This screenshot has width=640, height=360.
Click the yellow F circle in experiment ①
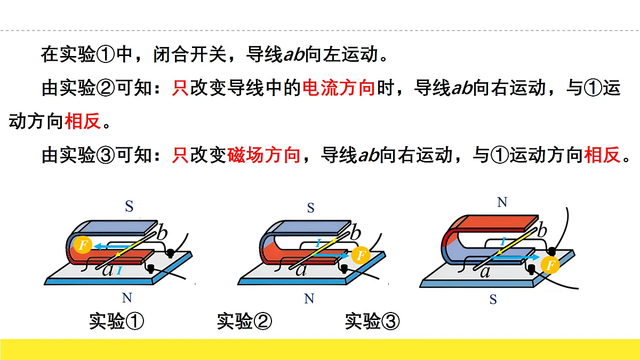83,245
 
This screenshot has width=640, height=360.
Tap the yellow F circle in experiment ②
361,255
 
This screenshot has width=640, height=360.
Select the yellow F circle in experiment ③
550,265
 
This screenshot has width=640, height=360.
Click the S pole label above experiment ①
129,206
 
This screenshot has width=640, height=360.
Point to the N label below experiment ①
127,298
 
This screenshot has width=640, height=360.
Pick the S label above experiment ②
311,207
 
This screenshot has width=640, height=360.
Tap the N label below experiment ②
309,299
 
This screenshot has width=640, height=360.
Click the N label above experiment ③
502,202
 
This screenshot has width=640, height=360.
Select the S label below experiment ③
493,299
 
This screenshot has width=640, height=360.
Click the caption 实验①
117,321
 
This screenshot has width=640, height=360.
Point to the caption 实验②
244,321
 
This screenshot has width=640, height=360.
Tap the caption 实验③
372,321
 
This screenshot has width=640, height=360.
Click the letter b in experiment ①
162,233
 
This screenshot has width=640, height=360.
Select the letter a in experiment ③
485,272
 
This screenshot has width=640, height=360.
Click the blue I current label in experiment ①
119,270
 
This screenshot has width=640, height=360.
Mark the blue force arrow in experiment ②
330,255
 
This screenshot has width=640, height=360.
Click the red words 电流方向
338,88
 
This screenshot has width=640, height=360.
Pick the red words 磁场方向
263,155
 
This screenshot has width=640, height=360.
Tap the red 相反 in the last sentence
602,155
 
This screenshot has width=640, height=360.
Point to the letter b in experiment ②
355,233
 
